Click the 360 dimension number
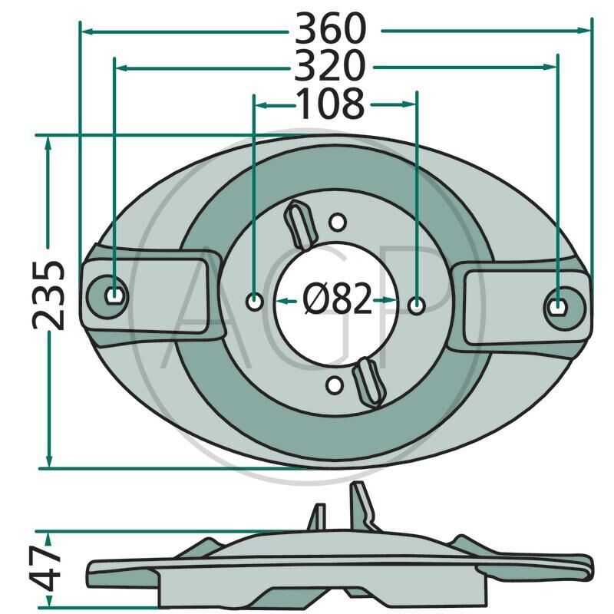tap(331, 28)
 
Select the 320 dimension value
tap(330, 65)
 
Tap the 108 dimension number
tap(331, 104)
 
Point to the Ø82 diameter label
tap(337, 299)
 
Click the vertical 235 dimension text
tap(48, 295)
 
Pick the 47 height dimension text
tap(46, 568)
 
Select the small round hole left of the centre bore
tap(255, 302)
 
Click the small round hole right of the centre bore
tap(416, 305)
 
